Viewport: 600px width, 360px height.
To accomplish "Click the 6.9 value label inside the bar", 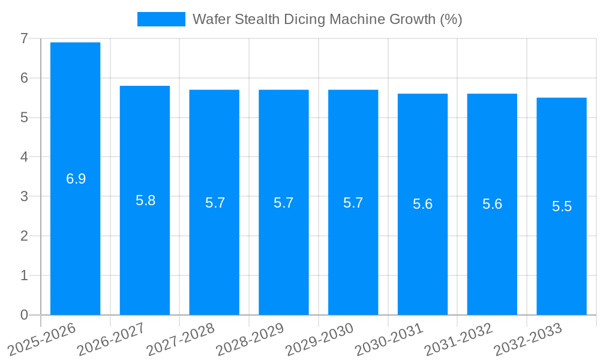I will tap(76, 179).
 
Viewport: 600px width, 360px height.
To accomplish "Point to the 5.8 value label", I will tap(145, 200).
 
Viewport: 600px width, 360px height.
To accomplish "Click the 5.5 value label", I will tap(562, 206).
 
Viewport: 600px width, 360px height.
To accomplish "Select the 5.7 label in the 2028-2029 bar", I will tap(283, 203).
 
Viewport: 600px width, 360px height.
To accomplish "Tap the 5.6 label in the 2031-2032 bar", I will tap(492, 204).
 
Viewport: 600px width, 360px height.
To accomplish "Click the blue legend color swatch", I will tap(161, 19).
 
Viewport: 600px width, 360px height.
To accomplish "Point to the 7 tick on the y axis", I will tap(24, 38).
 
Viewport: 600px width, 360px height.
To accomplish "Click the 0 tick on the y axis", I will tap(24, 315).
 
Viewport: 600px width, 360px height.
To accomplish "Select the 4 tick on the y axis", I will tap(24, 157).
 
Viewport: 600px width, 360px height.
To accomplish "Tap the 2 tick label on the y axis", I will tap(24, 236).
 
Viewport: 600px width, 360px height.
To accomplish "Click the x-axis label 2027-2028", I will tap(180, 339).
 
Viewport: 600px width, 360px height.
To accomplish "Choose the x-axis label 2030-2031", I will tap(389, 339).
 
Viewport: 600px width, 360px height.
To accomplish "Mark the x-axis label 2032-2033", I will tap(527, 339).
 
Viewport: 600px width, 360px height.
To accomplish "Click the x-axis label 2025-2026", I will tap(41, 339).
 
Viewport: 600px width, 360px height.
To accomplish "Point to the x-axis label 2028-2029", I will tap(250, 339).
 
